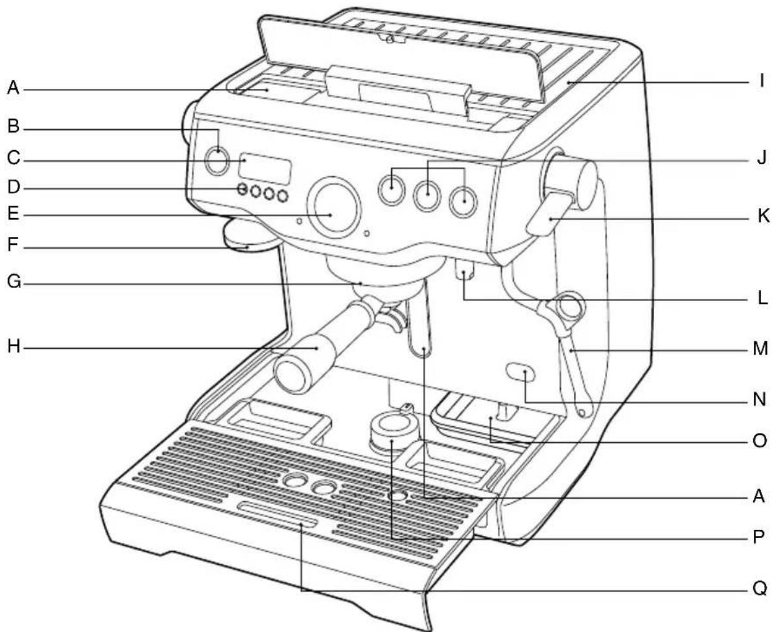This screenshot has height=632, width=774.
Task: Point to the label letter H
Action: click(12, 347)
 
